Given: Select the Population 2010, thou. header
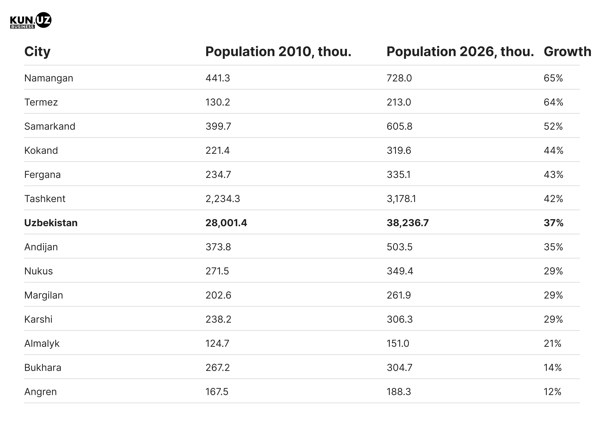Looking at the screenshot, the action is [x=278, y=52].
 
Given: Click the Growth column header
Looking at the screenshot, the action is [x=567, y=52].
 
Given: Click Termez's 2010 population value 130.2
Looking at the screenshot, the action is [x=218, y=102].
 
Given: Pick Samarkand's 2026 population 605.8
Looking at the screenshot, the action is [x=399, y=127].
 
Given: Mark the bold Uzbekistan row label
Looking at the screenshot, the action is [x=51, y=223].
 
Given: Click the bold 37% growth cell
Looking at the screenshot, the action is [x=553, y=223].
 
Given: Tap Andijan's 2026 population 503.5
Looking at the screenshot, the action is [x=399, y=247].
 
